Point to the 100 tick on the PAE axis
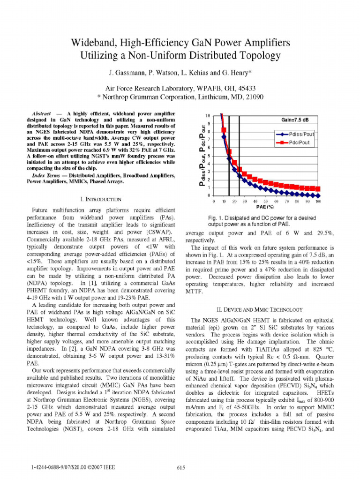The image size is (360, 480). [x=318, y=201]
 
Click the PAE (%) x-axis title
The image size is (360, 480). [x=265, y=207]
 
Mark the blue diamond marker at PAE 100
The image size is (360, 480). [x=318, y=195]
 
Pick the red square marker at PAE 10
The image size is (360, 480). [x=224, y=130]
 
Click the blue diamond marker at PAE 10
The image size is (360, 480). [x=224, y=137]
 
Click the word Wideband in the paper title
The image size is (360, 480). [x=93, y=43]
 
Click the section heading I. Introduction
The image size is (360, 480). [x=101, y=199]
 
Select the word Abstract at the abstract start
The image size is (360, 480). [x=41, y=114]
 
